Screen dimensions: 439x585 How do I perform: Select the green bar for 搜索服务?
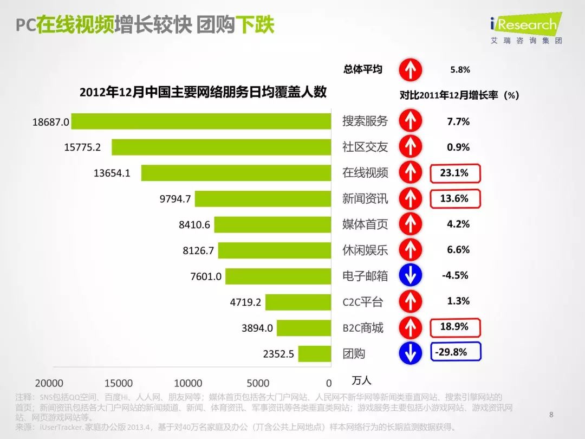tap(201, 121)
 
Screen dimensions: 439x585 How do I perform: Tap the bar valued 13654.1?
tap(236, 173)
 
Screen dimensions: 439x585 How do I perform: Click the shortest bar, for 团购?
tap(314, 354)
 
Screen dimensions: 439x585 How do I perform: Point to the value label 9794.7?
tap(175, 199)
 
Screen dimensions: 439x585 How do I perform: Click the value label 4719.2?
tap(245, 302)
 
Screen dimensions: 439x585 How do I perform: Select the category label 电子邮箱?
tap(365, 276)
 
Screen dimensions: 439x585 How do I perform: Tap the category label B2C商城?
tap(362, 328)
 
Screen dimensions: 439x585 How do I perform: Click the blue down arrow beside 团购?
tap(410, 353)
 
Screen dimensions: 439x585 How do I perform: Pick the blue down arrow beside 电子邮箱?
tap(410, 276)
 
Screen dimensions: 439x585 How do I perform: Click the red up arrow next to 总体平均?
tap(410, 70)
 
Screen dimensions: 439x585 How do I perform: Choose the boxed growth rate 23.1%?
tap(454, 173)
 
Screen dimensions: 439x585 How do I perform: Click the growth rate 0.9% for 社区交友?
tap(458, 147)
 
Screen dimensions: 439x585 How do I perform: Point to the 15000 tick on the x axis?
tap(118, 383)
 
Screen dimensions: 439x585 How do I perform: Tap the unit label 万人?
tap(361, 380)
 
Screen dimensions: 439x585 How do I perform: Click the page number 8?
tap(551, 415)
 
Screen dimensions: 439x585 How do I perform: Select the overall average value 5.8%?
tap(460, 70)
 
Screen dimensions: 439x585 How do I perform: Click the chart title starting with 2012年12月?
tap(203, 92)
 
